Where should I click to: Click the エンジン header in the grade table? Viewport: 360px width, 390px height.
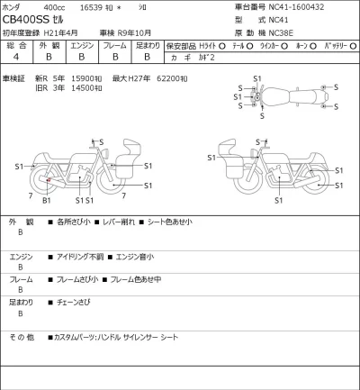coord(82,44)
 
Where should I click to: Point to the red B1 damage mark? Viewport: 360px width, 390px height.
coord(46,186)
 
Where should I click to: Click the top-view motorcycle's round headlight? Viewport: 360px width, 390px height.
coord(256,96)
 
